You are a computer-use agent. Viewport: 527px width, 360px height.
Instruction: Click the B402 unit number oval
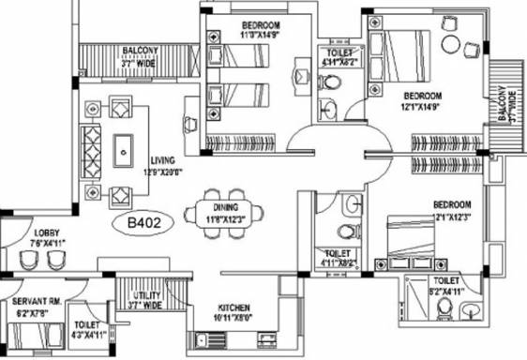(137, 223)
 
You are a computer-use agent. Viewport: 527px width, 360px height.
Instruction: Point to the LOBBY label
(47, 234)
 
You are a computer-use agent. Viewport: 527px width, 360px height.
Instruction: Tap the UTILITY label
(145, 294)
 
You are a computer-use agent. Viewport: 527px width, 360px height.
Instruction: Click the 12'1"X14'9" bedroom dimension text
(422, 108)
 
